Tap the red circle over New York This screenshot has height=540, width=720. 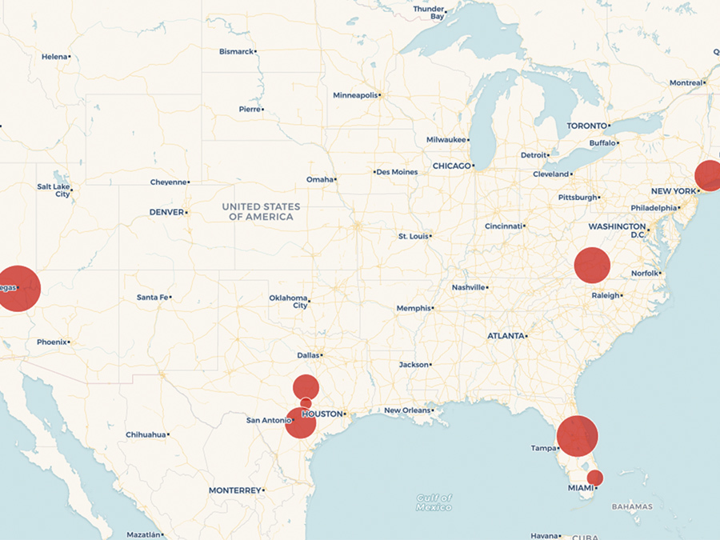click(x=709, y=175)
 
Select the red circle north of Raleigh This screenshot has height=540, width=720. click(x=592, y=265)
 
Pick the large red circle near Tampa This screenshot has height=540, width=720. click(x=578, y=436)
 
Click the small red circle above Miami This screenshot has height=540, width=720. click(x=594, y=478)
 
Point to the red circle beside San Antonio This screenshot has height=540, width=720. click(x=301, y=422)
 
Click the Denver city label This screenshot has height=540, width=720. click(x=166, y=212)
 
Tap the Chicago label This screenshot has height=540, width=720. click(x=451, y=166)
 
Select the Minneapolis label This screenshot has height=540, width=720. click(x=355, y=95)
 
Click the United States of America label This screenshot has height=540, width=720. click(x=261, y=211)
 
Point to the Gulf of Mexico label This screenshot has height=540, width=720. click(x=434, y=502)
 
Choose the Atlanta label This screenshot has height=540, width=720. click(x=506, y=336)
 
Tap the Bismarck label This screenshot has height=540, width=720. click(x=236, y=51)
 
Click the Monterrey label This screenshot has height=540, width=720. click(x=234, y=490)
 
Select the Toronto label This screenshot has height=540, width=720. click(x=586, y=126)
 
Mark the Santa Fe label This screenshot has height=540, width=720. click(x=152, y=298)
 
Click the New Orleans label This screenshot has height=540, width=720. click(x=406, y=410)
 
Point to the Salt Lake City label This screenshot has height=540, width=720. click(x=54, y=190)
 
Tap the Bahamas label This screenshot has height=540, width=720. click(x=632, y=506)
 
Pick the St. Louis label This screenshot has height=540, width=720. click(x=413, y=236)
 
